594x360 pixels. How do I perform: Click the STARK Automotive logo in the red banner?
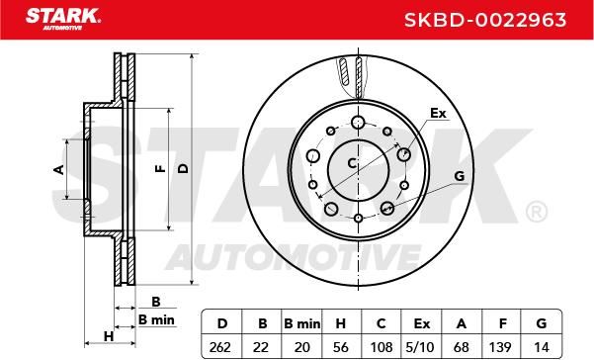click(x=63, y=19)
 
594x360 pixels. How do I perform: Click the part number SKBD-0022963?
click(x=485, y=20)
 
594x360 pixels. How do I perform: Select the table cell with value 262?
click(x=220, y=347)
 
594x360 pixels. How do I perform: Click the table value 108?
click(x=382, y=347)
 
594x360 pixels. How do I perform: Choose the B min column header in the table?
click(x=301, y=323)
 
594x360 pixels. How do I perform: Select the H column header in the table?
click(x=341, y=323)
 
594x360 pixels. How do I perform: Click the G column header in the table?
click(x=542, y=323)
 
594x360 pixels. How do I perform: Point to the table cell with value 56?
click(x=341, y=347)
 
